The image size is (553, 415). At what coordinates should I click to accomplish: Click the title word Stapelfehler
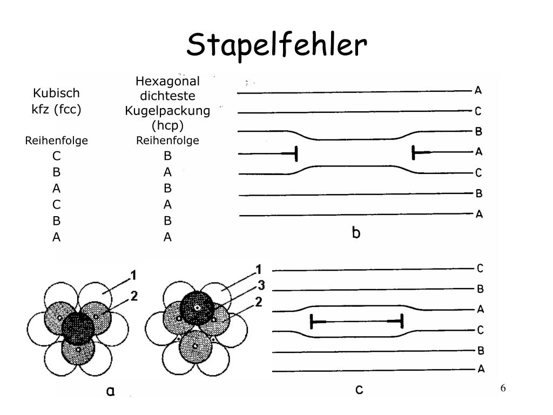pos(276,45)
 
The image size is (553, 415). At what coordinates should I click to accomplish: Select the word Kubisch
pos(56,93)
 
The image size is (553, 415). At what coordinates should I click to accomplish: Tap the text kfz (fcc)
pos(56,109)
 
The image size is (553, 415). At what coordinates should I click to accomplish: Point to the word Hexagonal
pos(167,82)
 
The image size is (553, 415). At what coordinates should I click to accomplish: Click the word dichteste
pos(167,96)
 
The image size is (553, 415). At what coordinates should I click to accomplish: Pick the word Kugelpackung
pos(167,111)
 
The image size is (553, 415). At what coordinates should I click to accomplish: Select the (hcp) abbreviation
pos(167,125)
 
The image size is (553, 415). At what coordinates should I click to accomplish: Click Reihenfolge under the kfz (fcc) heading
pos(56,141)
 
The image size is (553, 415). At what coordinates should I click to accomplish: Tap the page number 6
pos(503,389)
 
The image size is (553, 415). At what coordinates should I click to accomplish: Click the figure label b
pos(356,233)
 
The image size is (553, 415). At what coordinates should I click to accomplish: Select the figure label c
pos(359,389)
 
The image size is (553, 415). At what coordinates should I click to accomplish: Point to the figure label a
pos(110,391)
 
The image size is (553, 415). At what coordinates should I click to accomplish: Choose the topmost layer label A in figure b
pos(478,90)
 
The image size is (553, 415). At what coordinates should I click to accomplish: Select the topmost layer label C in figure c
pos(480,269)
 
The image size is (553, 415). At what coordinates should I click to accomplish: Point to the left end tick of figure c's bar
pos(312,322)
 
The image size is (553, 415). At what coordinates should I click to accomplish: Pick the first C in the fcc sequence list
pos(56,156)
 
